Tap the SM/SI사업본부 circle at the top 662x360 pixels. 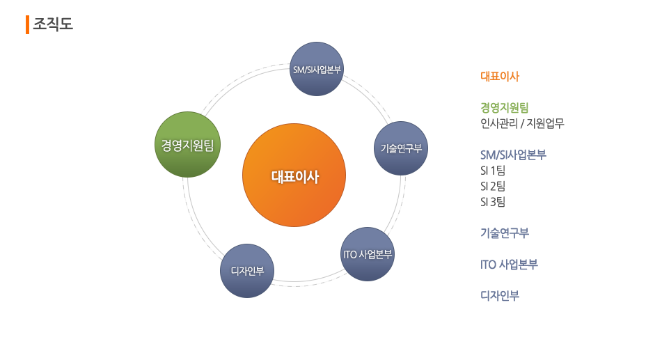[x=317, y=69]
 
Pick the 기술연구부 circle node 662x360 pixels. [x=401, y=148]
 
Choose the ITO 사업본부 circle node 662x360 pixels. [x=368, y=253]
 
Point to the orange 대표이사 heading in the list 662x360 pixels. [x=500, y=77]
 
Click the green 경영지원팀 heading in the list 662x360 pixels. [x=505, y=107]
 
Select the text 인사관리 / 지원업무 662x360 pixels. [x=522, y=124]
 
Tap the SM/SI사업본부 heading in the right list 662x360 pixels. [x=513, y=154]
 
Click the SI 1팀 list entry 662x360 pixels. [x=492, y=170]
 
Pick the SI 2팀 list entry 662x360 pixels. [x=492, y=186]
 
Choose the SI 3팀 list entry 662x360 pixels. [x=492, y=202]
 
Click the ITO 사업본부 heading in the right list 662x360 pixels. [x=509, y=265]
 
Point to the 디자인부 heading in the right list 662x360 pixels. [x=500, y=295]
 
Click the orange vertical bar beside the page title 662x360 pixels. [x=27, y=24]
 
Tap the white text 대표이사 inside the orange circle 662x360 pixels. [x=294, y=177]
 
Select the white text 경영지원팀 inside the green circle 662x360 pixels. [x=187, y=146]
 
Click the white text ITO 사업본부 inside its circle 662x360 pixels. [x=368, y=253]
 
